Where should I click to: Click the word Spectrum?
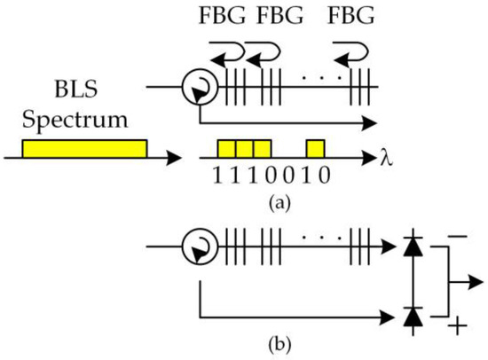83,118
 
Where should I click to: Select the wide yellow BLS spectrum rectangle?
84,147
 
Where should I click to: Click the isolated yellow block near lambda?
316,147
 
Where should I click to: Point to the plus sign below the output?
459,327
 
